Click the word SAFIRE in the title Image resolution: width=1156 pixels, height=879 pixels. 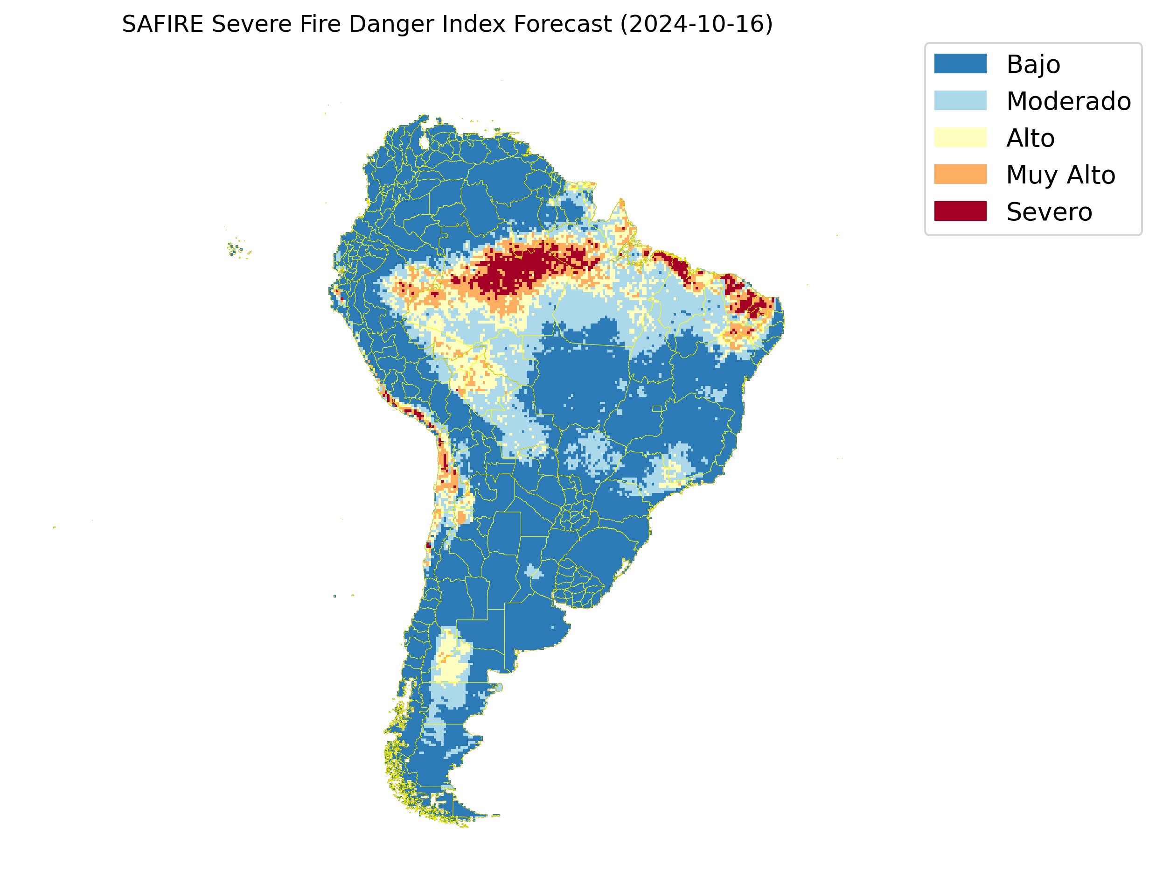[x=162, y=24]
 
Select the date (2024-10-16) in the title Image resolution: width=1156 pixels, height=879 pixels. [x=696, y=24]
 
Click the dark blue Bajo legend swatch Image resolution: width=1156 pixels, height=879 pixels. [x=960, y=64]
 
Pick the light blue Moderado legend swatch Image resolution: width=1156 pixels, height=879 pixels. [x=960, y=100]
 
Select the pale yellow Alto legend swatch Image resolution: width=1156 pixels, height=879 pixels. [x=960, y=138]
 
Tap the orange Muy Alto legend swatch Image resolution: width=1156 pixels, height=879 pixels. [x=960, y=174]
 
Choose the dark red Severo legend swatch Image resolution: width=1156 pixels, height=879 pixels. [x=960, y=211]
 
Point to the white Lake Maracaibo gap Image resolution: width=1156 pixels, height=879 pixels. [x=424, y=142]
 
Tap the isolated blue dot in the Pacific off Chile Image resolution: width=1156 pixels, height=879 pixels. [x=334, y=596]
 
